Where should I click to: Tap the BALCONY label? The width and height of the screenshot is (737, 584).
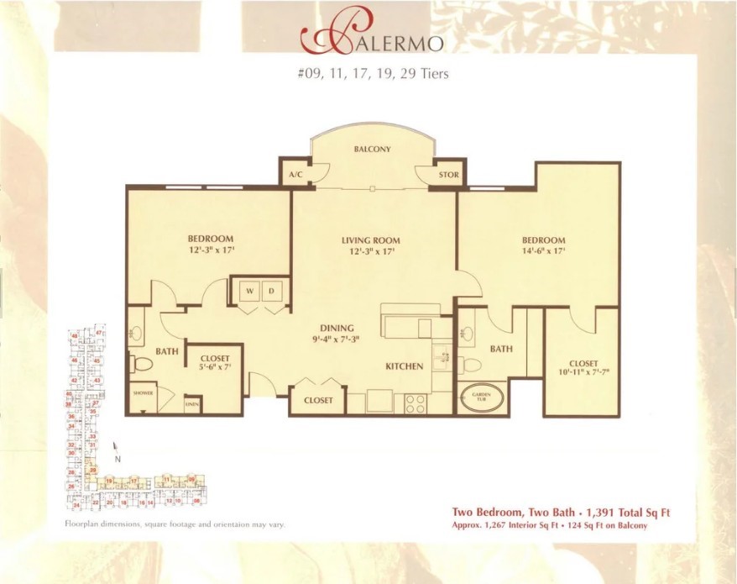click(372, 150)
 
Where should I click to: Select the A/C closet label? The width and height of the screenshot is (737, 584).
click(295, 176)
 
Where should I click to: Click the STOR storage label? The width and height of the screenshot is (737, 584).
click(448, 176)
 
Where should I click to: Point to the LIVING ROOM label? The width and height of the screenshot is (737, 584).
click(371, 241)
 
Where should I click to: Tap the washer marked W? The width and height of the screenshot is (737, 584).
click(249, 291)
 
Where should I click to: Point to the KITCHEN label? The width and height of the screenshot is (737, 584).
click(405, 367)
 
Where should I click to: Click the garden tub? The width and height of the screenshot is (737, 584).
click(481, 397)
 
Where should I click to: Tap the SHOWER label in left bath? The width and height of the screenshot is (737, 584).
click(143, 392)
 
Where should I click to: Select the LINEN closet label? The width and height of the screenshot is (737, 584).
click(191, 404)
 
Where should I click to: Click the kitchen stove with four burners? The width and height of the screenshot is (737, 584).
click(416, 403)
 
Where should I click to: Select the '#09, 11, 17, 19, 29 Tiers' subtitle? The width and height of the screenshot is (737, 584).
click(372, 74)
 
